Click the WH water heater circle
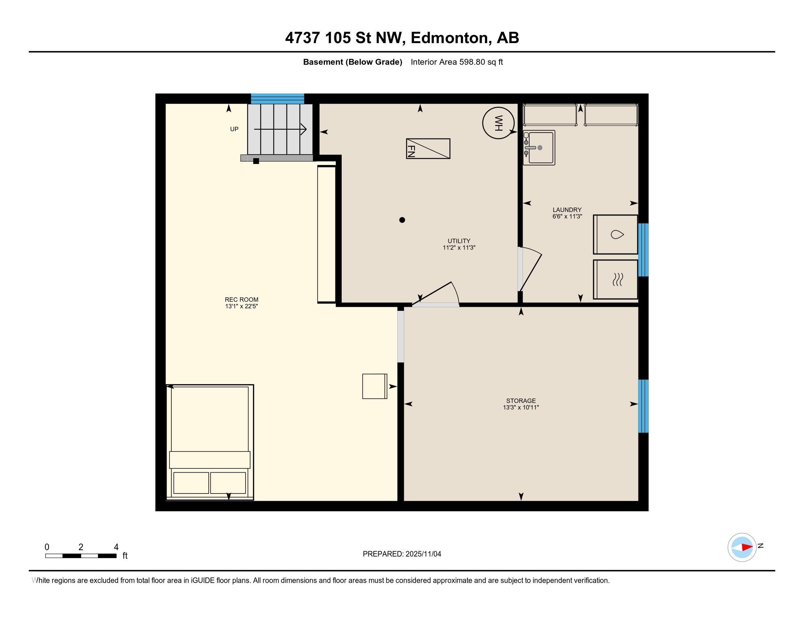tap(498, 123)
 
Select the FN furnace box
tap(428, 149)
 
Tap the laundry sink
tap(539, 148)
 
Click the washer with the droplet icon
tap(615, 235)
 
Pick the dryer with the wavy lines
tap(615, 279)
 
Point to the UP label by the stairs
tap(234, 129)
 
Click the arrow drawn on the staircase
tap(280, 129)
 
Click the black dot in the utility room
tap(402, 220)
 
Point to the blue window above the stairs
tap(278, 99)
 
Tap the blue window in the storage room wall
tap(643, 406)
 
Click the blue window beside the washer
tap(643, 250)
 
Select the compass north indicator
tap(742, 548)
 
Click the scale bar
tap(81, 556)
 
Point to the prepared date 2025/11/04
tap(423, 554)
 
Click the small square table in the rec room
tap(375, 386)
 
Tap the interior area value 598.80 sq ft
tap(481, 62)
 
